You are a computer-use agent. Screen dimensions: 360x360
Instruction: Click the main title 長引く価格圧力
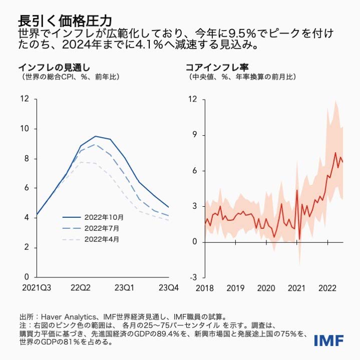[65, 20]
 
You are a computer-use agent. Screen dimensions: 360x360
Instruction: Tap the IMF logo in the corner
[328, 341]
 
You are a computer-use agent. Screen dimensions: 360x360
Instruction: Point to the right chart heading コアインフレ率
[218, 67]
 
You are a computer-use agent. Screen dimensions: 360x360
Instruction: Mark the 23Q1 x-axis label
[124, 287]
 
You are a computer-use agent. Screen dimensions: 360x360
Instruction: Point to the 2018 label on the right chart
[205, 287]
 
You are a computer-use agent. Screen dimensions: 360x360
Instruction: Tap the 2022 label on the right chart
[327, 287]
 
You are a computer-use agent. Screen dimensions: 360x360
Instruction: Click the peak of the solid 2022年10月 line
[96, 136]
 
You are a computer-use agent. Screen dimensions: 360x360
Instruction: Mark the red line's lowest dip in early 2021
[299, 239]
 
